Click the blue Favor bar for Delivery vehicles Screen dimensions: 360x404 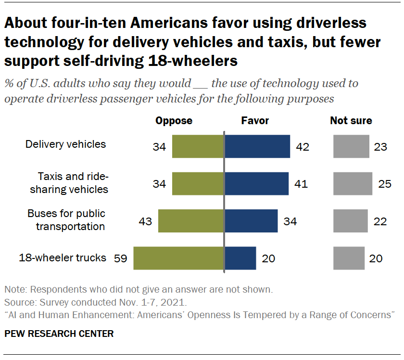point(257,146)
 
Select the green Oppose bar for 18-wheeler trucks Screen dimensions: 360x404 point(178,258)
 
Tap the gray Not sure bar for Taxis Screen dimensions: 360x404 point(353,183)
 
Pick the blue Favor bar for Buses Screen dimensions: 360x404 point(251,221)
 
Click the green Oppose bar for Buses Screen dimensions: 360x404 point(191,221)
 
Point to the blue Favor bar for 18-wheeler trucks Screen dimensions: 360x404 point(240,258)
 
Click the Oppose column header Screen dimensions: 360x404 point(174,120)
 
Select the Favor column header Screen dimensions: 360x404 point(255,120)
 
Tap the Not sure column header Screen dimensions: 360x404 point(351,120)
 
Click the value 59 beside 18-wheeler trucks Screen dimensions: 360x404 point(121,258)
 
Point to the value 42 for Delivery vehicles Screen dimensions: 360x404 point(303,146)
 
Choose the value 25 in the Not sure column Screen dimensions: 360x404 point(385,183)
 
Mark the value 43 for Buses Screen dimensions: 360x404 point(145,221)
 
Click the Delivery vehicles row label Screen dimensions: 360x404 point(65,144)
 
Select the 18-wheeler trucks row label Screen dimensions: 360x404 point(63,257)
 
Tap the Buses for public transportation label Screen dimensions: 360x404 point(66,219)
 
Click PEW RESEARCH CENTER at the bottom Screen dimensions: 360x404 point(59,334)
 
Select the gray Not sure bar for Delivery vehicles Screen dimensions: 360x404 point(351,146)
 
